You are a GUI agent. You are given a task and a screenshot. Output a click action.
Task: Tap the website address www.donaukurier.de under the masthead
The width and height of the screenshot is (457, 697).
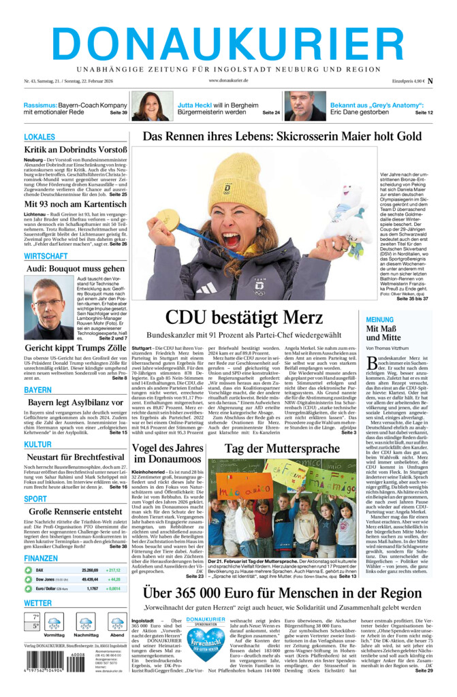(x=228, y=80)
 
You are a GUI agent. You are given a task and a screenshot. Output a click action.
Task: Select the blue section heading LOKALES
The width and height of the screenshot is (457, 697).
(x=40, y=137)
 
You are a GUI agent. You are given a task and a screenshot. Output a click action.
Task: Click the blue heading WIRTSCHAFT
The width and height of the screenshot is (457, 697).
(x=46, y=256)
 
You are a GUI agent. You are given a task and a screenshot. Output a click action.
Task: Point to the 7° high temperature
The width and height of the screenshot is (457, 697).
(x=31, y=617)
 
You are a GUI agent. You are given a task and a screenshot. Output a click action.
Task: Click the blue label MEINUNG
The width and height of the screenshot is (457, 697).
(x=379, y=319)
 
